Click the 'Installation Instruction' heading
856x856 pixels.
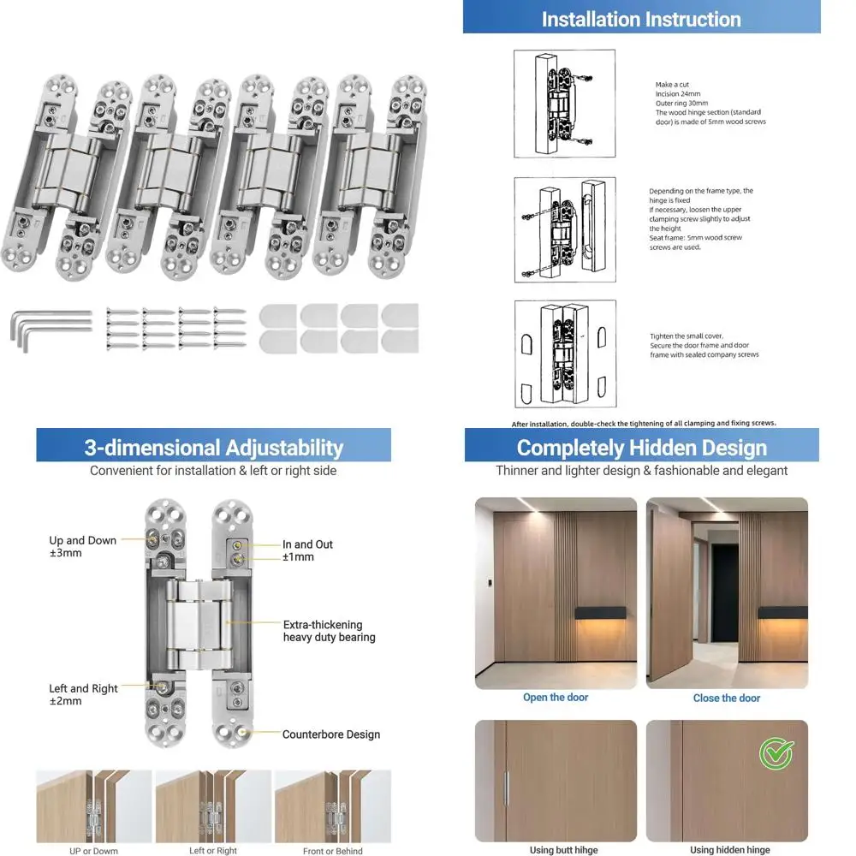tap(641, 19)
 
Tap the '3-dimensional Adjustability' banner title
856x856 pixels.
tap(213, 448)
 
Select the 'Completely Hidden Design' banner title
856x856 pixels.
tap(641, 448)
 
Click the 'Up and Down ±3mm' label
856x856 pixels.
tap(82, 547)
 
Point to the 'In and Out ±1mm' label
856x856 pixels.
tap(307, 550)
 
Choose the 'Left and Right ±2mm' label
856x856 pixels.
tap(83, 694)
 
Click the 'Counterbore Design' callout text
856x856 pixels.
tap(331, 734)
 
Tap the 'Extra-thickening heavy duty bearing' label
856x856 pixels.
tap(329, 631)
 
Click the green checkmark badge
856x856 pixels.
tap(776, 753)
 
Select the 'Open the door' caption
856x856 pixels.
tap(556, 698)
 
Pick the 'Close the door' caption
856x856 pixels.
tap(727, 698)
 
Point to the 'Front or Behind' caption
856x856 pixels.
tap(333, 851)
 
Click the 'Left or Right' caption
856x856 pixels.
tap(213, 851)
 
